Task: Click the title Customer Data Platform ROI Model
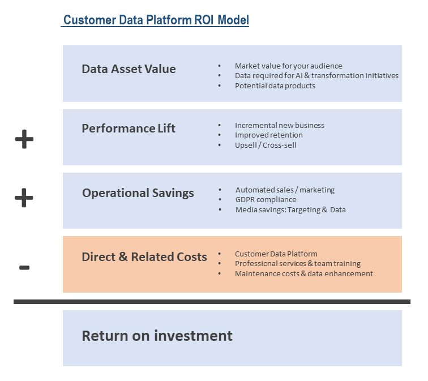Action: [156, 20]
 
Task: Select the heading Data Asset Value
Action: [129, 69]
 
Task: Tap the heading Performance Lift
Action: [129, 129]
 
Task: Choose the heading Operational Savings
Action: [138, 193]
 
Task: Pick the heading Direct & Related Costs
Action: [144, 257]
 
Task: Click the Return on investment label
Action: [157, 336]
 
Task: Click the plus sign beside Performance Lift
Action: [24, 139]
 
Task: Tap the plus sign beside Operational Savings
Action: [24, 198]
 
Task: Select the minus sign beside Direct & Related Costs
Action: [24, 267]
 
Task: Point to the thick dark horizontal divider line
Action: [212, 302]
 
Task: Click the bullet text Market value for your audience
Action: [288, 66]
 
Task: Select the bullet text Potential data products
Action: [275, 86]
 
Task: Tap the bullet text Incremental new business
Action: [279, 126]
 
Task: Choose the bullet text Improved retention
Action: [268, 135]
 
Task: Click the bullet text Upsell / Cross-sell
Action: [266, 145]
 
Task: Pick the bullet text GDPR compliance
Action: [266, 200]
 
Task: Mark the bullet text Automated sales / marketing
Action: [285, 190]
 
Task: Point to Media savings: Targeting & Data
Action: [290, 210]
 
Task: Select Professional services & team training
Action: [297, 264]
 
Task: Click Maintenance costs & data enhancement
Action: [303, 274]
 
